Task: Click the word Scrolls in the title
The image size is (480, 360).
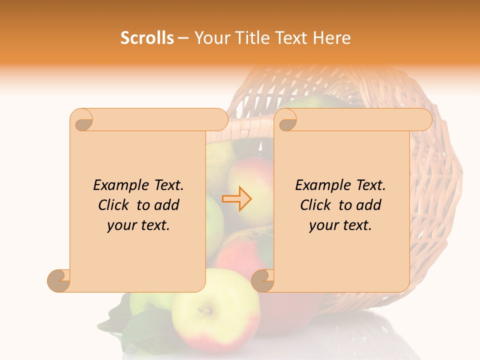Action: [147, 38]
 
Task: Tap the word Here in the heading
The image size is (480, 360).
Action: [332, 38]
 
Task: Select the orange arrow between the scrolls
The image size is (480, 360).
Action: [236, 198]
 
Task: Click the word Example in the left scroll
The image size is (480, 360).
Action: [119, 185]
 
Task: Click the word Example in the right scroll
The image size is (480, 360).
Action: [321, 185]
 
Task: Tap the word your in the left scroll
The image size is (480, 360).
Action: [120, 225]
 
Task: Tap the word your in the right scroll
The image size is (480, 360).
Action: [322, 225]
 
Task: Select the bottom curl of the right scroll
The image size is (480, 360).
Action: [262, 281]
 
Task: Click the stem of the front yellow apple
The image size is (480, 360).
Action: [205, 310]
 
